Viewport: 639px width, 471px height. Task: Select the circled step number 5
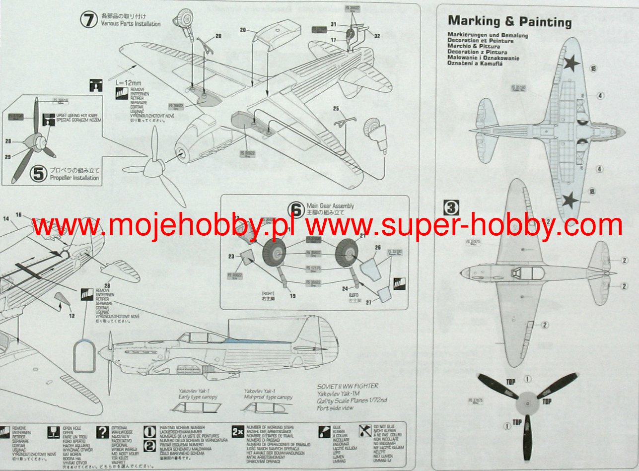38,174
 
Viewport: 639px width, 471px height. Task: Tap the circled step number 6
296,210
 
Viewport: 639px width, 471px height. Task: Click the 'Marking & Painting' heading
509,21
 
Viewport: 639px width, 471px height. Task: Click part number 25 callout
336,108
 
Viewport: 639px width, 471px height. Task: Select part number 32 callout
377,36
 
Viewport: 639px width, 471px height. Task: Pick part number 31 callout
334,24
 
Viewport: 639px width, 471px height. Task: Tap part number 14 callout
6,219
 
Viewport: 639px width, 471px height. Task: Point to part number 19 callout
293,296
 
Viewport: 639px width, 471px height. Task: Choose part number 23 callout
231,257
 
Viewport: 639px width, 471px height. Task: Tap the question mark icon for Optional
102,432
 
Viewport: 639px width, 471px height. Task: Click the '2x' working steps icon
237,432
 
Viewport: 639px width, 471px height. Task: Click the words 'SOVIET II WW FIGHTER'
348,386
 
